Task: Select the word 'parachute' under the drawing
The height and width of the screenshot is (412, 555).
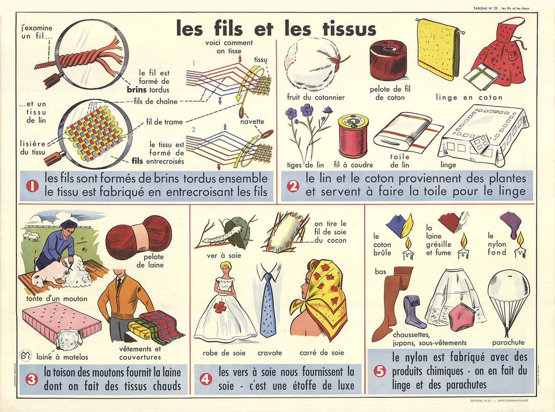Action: coord(508,342)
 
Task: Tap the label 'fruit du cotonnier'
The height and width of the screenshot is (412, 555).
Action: coord(316,97)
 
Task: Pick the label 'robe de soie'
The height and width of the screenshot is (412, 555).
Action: coord(217,352)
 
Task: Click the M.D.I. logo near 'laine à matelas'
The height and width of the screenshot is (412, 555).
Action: coord(25,356)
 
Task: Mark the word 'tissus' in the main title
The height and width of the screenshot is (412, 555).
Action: coord(343,29)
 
